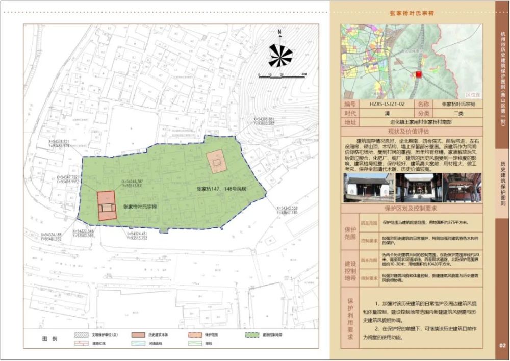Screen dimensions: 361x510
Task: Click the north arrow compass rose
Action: point(280,55)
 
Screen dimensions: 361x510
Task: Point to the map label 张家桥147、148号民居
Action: point(221,188)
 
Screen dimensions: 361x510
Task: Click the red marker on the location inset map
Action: point(419,74)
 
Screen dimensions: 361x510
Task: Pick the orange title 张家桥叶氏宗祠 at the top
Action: point(412,14)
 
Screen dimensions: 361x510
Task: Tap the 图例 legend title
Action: point(50,339)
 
